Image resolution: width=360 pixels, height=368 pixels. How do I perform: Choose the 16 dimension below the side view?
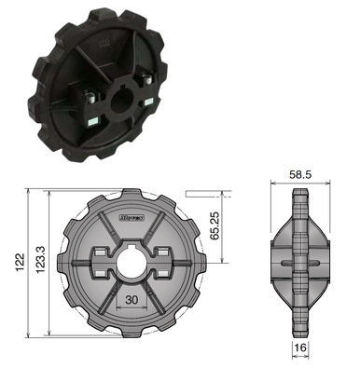[300, 348]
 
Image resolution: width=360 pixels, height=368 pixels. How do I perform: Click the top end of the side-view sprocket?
[299, 193]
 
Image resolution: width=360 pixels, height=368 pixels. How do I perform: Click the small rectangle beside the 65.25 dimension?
[203, 193]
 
